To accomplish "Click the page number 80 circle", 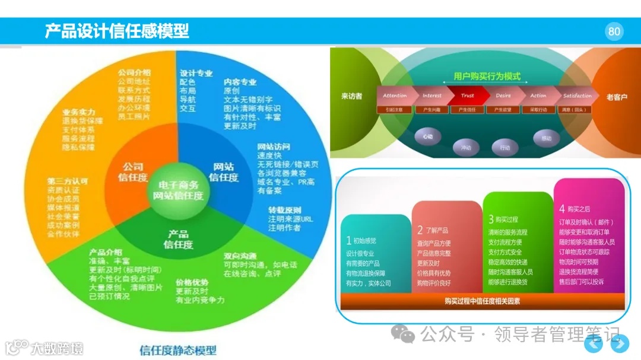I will [614, 31].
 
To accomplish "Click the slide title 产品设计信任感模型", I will [117, 31].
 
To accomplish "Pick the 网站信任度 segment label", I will [224, 173].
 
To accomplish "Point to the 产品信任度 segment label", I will [178, 239].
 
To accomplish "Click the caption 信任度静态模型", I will [178, 350].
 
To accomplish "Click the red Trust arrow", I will [468, 95].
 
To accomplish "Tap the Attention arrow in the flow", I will [395, 95].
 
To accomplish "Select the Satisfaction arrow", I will [577, 95].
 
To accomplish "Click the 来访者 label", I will [352, 96].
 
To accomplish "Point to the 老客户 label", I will [617, 97].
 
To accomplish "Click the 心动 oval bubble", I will [428, 136].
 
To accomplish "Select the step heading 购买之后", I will [577, 209].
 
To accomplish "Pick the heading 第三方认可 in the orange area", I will [67, 181].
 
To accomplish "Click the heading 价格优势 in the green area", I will [192, 282].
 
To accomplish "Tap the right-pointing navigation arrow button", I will [620, 343].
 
